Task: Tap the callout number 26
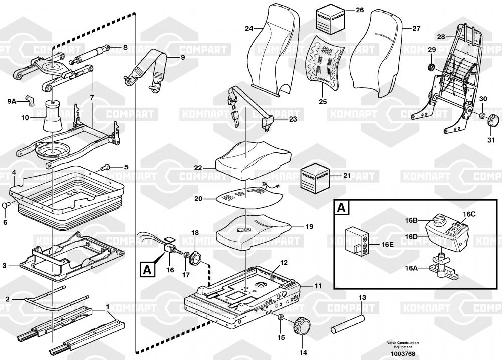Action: coord(359,10)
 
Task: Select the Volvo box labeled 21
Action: coord(314,177)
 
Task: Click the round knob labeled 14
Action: coord(304,327)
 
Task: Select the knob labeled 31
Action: coord(494,121)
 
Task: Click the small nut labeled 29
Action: coord(430,67)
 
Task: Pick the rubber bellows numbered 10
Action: coord(53,117)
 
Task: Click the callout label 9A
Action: coord(12,101)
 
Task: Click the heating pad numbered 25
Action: coord(325,59)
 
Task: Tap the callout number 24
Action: coord(249,28)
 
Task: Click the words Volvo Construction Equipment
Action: coord(402,345)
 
